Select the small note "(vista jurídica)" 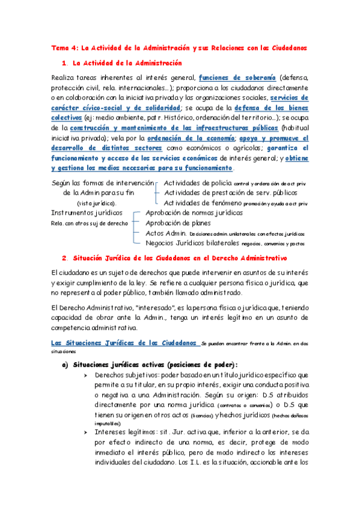click(97, 203)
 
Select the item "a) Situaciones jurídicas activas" click(155, 365)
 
